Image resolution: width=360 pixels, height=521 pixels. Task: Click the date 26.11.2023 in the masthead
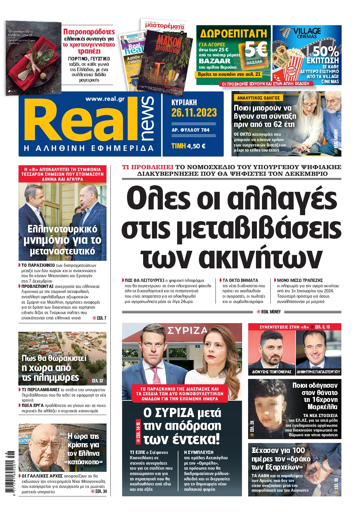pyautogui.click(x=194, y=113)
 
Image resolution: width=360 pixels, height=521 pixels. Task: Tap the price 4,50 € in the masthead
pyautogui.click(x=196, y=146)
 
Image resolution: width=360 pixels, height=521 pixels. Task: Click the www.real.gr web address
pyautogui.click(x=105, y=99)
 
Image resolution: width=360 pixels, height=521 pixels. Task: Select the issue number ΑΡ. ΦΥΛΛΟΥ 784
pyautogui.click(x=190, y=130)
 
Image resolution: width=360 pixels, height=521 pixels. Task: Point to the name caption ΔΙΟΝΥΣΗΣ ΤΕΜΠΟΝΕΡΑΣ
pyautogui.click(x=271, y=372)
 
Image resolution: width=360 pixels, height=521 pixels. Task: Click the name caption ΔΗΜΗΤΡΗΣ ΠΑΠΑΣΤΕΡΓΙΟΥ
pyautogui.click(x=318, y=372)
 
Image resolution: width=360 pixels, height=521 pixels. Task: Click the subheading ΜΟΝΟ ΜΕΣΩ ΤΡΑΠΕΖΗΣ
pyautogui.click(x=300, y=280)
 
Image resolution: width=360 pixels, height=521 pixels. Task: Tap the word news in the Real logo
pyautogui.click(x=148, y=118)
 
